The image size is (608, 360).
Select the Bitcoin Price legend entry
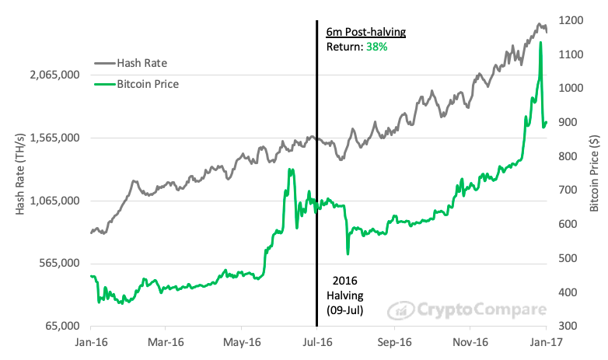click(x=148, y=83)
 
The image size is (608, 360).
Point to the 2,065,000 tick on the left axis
click(x=54, y=75)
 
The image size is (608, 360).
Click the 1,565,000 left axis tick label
click(x=54, y=138)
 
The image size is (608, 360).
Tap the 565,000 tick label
click(x=58, y=264)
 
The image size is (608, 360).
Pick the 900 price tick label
click(x=561, y=122)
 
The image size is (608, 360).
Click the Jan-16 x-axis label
click(x=91, y=341)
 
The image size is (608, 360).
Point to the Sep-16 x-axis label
click(x=394, y=341)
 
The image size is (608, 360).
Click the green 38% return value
click(x=378, y=47)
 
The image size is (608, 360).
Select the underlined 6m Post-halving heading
click(x=365, y=32)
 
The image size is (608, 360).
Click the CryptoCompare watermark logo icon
click(x=399, y=310)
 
